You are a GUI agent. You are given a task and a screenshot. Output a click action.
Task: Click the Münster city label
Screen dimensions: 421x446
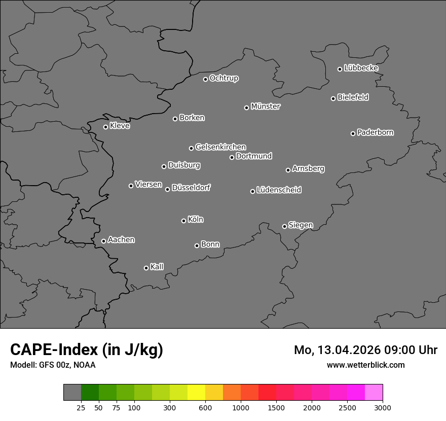pyautogui.click(x=266, y=107)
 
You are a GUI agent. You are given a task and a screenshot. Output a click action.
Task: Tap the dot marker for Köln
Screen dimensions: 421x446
pyautogui.click(x=183, y=221)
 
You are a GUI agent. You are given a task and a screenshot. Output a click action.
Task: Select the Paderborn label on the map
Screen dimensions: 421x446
pyautogui.click(x=376, y=132)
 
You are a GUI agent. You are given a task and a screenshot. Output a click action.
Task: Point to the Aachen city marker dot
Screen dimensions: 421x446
pyautogui.click(x=103, y=241)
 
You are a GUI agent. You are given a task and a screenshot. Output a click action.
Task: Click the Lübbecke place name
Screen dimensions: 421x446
pyautogui.click(x=361, y=68)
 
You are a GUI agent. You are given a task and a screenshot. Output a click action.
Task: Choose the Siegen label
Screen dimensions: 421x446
pyautogui.click(x=301, y=225)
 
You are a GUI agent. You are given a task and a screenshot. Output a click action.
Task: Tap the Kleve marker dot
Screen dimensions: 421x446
pyautogui.click(x=105, y=127)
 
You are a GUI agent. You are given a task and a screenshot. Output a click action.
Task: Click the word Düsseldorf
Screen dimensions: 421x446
pyautogui.click(x=191, y=188)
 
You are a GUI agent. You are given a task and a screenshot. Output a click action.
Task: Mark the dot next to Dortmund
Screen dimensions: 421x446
pyautogui.click(x=232, y=157)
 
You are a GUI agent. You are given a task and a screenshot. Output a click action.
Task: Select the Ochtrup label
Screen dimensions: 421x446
pyautogui.click(x=224, y=78)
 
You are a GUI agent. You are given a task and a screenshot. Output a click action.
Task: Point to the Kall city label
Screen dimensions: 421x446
pyautogui.click(x=157, y=267)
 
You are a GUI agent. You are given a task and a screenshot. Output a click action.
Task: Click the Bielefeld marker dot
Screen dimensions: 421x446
pyautogui.click(x=333, y=98)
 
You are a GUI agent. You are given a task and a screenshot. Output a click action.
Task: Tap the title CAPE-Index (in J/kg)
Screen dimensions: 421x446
pyautogui.click(x=87, y=349)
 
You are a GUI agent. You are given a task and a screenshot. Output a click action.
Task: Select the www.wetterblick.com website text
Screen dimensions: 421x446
pyautogui.click(x=366, y=365)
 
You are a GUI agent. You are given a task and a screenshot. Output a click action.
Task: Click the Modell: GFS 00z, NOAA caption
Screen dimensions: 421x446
pyautogui.click(x=53, y=365)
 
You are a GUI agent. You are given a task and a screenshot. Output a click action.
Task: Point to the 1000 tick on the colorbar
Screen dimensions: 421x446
pyautogui.click(x=241, y=407)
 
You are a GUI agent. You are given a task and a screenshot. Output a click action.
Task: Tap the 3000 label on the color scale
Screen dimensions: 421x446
pyautogui.click(x=383, y=407)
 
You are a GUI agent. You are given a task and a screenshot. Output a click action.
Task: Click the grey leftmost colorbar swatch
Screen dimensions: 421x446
pyautogui.click(x=72, y=393)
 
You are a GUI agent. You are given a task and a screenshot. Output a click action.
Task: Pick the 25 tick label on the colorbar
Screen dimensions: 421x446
pyautogui.click(x=81, y=407)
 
